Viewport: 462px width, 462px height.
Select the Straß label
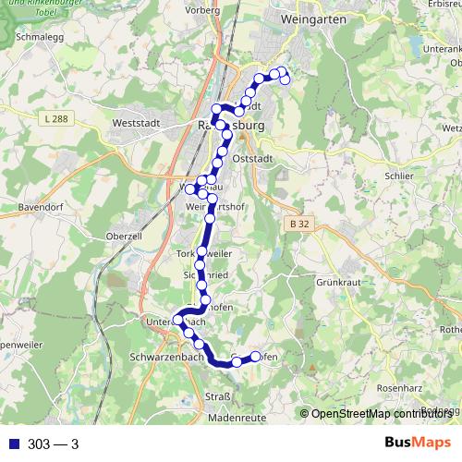point(216,397)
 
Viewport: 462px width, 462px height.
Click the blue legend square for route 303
point(10,444)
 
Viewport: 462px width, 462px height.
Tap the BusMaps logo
point(416,444)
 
